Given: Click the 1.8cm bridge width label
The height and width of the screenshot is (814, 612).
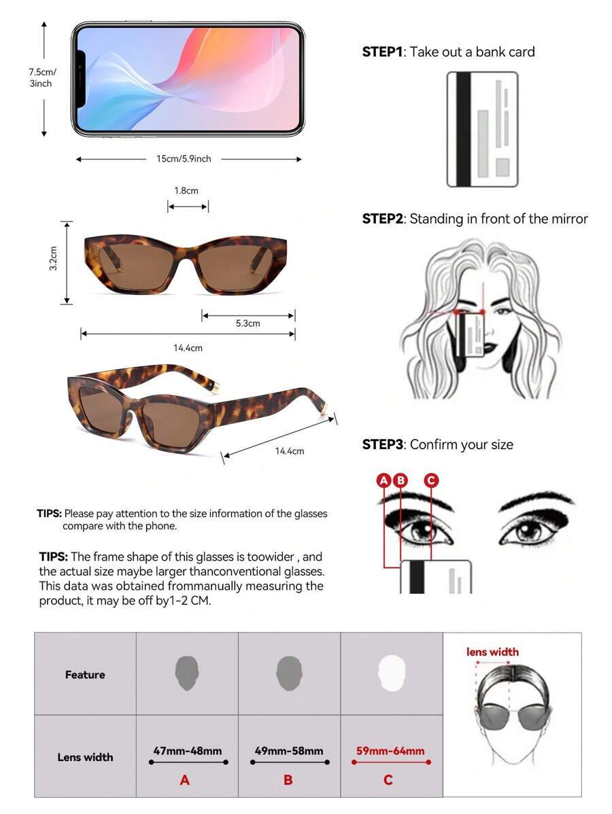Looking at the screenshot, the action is click(x=186, y=190).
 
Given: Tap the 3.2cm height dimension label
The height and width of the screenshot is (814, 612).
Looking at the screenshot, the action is click(x=53, y=258).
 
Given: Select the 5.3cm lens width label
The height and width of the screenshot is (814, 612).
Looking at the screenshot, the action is click(x=248, y=323).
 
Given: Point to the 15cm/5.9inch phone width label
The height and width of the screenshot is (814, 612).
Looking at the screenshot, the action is click(x=184, y=159).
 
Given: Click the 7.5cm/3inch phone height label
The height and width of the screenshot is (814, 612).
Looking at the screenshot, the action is click(x=41, y=78).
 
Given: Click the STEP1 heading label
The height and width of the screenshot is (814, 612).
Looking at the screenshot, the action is click(x=382, y=52).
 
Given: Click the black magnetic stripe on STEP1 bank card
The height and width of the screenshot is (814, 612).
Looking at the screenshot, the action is click(x=463, y=129).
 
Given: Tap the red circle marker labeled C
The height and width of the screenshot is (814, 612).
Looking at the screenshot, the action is click(x=430, y=480).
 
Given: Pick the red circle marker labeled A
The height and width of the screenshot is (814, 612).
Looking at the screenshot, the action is click(x=384, y=480).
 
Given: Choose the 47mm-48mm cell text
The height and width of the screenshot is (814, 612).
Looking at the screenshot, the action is click(x=188, y=751).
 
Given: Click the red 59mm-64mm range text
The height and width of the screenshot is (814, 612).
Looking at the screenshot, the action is click(x=390, y=751).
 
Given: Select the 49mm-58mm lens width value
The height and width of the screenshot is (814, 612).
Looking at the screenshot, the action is click(x=289, y=751).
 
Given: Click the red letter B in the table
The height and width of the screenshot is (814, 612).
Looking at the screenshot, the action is click(x=288, y=780).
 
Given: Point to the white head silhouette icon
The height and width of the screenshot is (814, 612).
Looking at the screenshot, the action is click(x=391, y=673).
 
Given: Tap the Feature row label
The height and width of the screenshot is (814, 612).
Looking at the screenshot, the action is click(x=85, y=674).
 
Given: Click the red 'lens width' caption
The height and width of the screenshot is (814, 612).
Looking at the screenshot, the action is click(x=492, y=652).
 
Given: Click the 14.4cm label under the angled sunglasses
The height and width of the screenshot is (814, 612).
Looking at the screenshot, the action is click(x=290, y=451).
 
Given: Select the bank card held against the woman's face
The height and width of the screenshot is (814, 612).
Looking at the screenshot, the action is click(x=470, y=336).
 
